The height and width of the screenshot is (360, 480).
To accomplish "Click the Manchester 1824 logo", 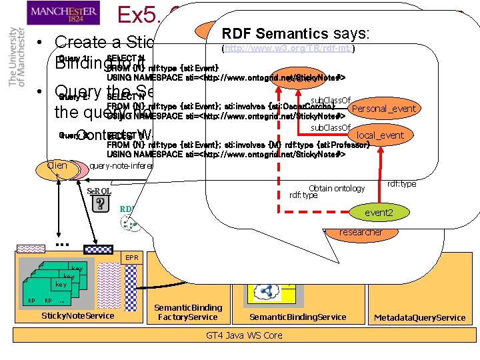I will click(64, 12).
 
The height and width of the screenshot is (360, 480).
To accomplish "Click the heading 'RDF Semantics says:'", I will click(297, 33).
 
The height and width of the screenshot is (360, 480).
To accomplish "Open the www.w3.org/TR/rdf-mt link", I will click(289, 48).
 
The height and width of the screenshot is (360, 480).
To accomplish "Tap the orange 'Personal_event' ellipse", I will click(383, 109).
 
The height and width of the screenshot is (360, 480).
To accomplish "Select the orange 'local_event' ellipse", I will click(380, 135).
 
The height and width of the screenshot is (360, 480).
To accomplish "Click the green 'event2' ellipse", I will click(378, 212).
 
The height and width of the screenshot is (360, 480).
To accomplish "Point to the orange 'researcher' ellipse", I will click(360, 232).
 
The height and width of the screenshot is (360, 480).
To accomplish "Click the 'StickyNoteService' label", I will click(78, 315).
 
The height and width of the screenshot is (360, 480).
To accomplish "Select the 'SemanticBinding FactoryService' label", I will click(188, 312).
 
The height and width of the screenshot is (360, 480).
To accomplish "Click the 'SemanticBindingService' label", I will click(297, 317).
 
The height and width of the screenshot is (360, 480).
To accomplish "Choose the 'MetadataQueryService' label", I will click(419, 317).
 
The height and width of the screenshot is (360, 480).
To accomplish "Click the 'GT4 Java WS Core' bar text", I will click(245, 335).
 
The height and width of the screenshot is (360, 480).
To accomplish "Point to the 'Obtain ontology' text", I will click(337, 189).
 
